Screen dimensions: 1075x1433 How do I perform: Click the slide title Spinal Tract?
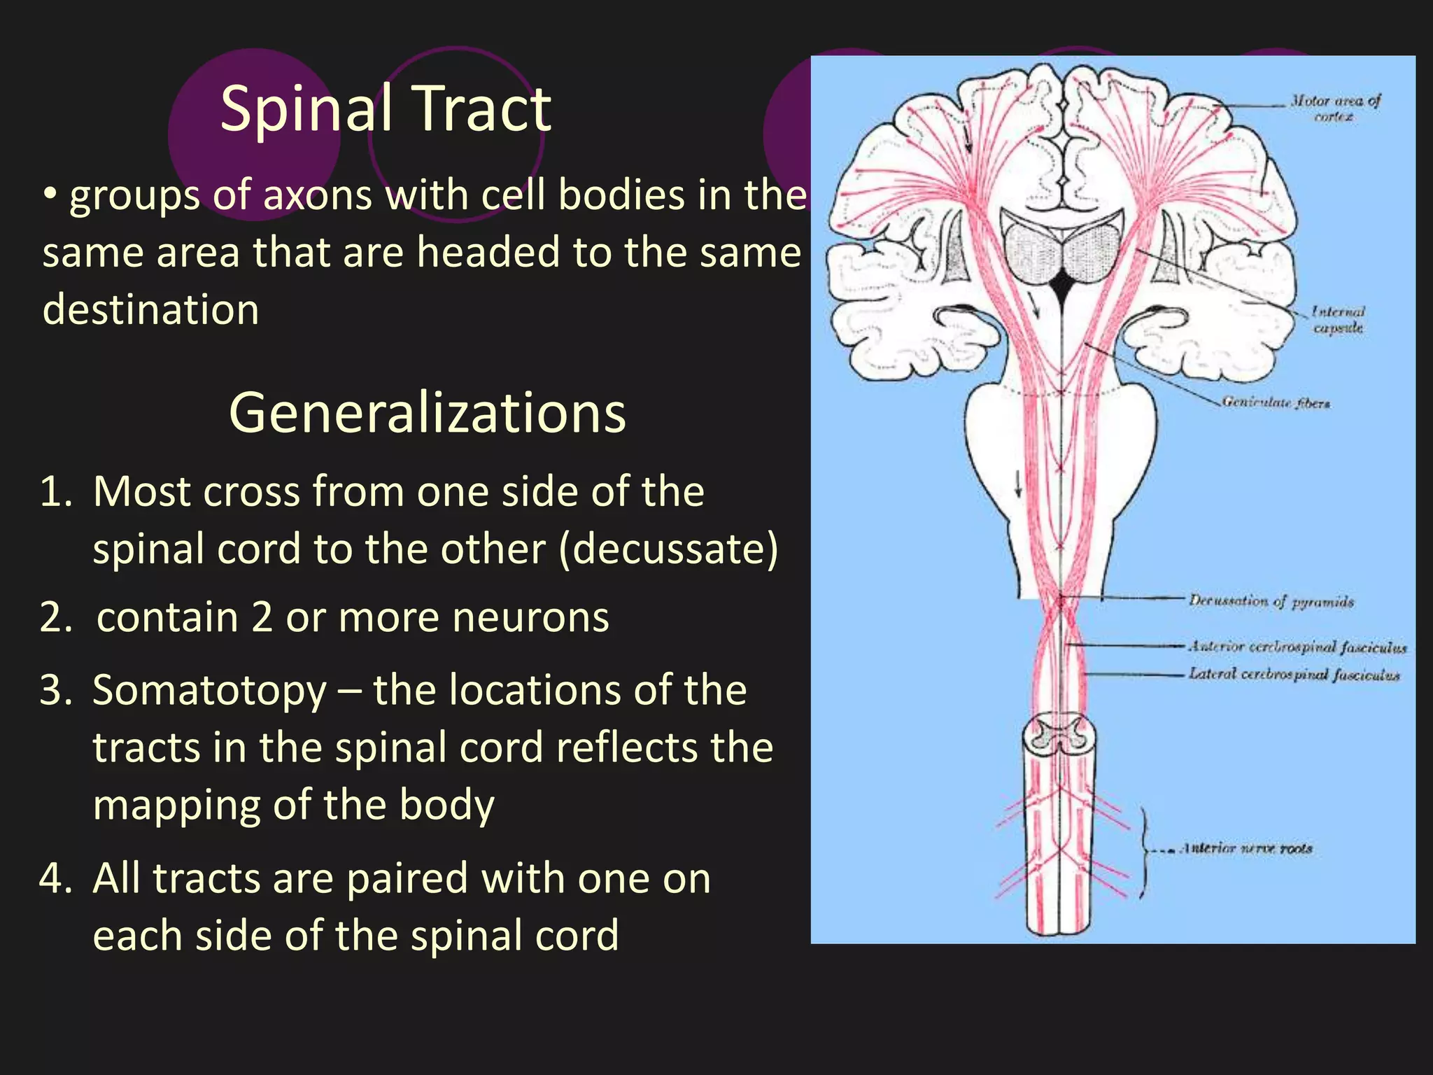tap(386, 108)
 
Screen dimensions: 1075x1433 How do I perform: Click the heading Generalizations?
tap(427, 413)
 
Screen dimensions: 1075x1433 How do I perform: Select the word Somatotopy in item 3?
tap(209, 690)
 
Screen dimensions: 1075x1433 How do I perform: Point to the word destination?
tap(150, 309)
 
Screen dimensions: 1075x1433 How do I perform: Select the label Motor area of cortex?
tap(1334, 108)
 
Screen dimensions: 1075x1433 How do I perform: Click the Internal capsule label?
tap(1338, 319)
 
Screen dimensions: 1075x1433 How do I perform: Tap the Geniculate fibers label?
tap(1276, 402)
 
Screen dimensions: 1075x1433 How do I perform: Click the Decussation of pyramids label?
tap(1271, 601)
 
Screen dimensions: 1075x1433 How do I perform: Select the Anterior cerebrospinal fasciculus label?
tap(1297, 647)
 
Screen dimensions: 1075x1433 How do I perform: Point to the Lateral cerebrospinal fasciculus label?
tap(1294, 675)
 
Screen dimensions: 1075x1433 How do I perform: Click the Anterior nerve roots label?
tap(1247, 849)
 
